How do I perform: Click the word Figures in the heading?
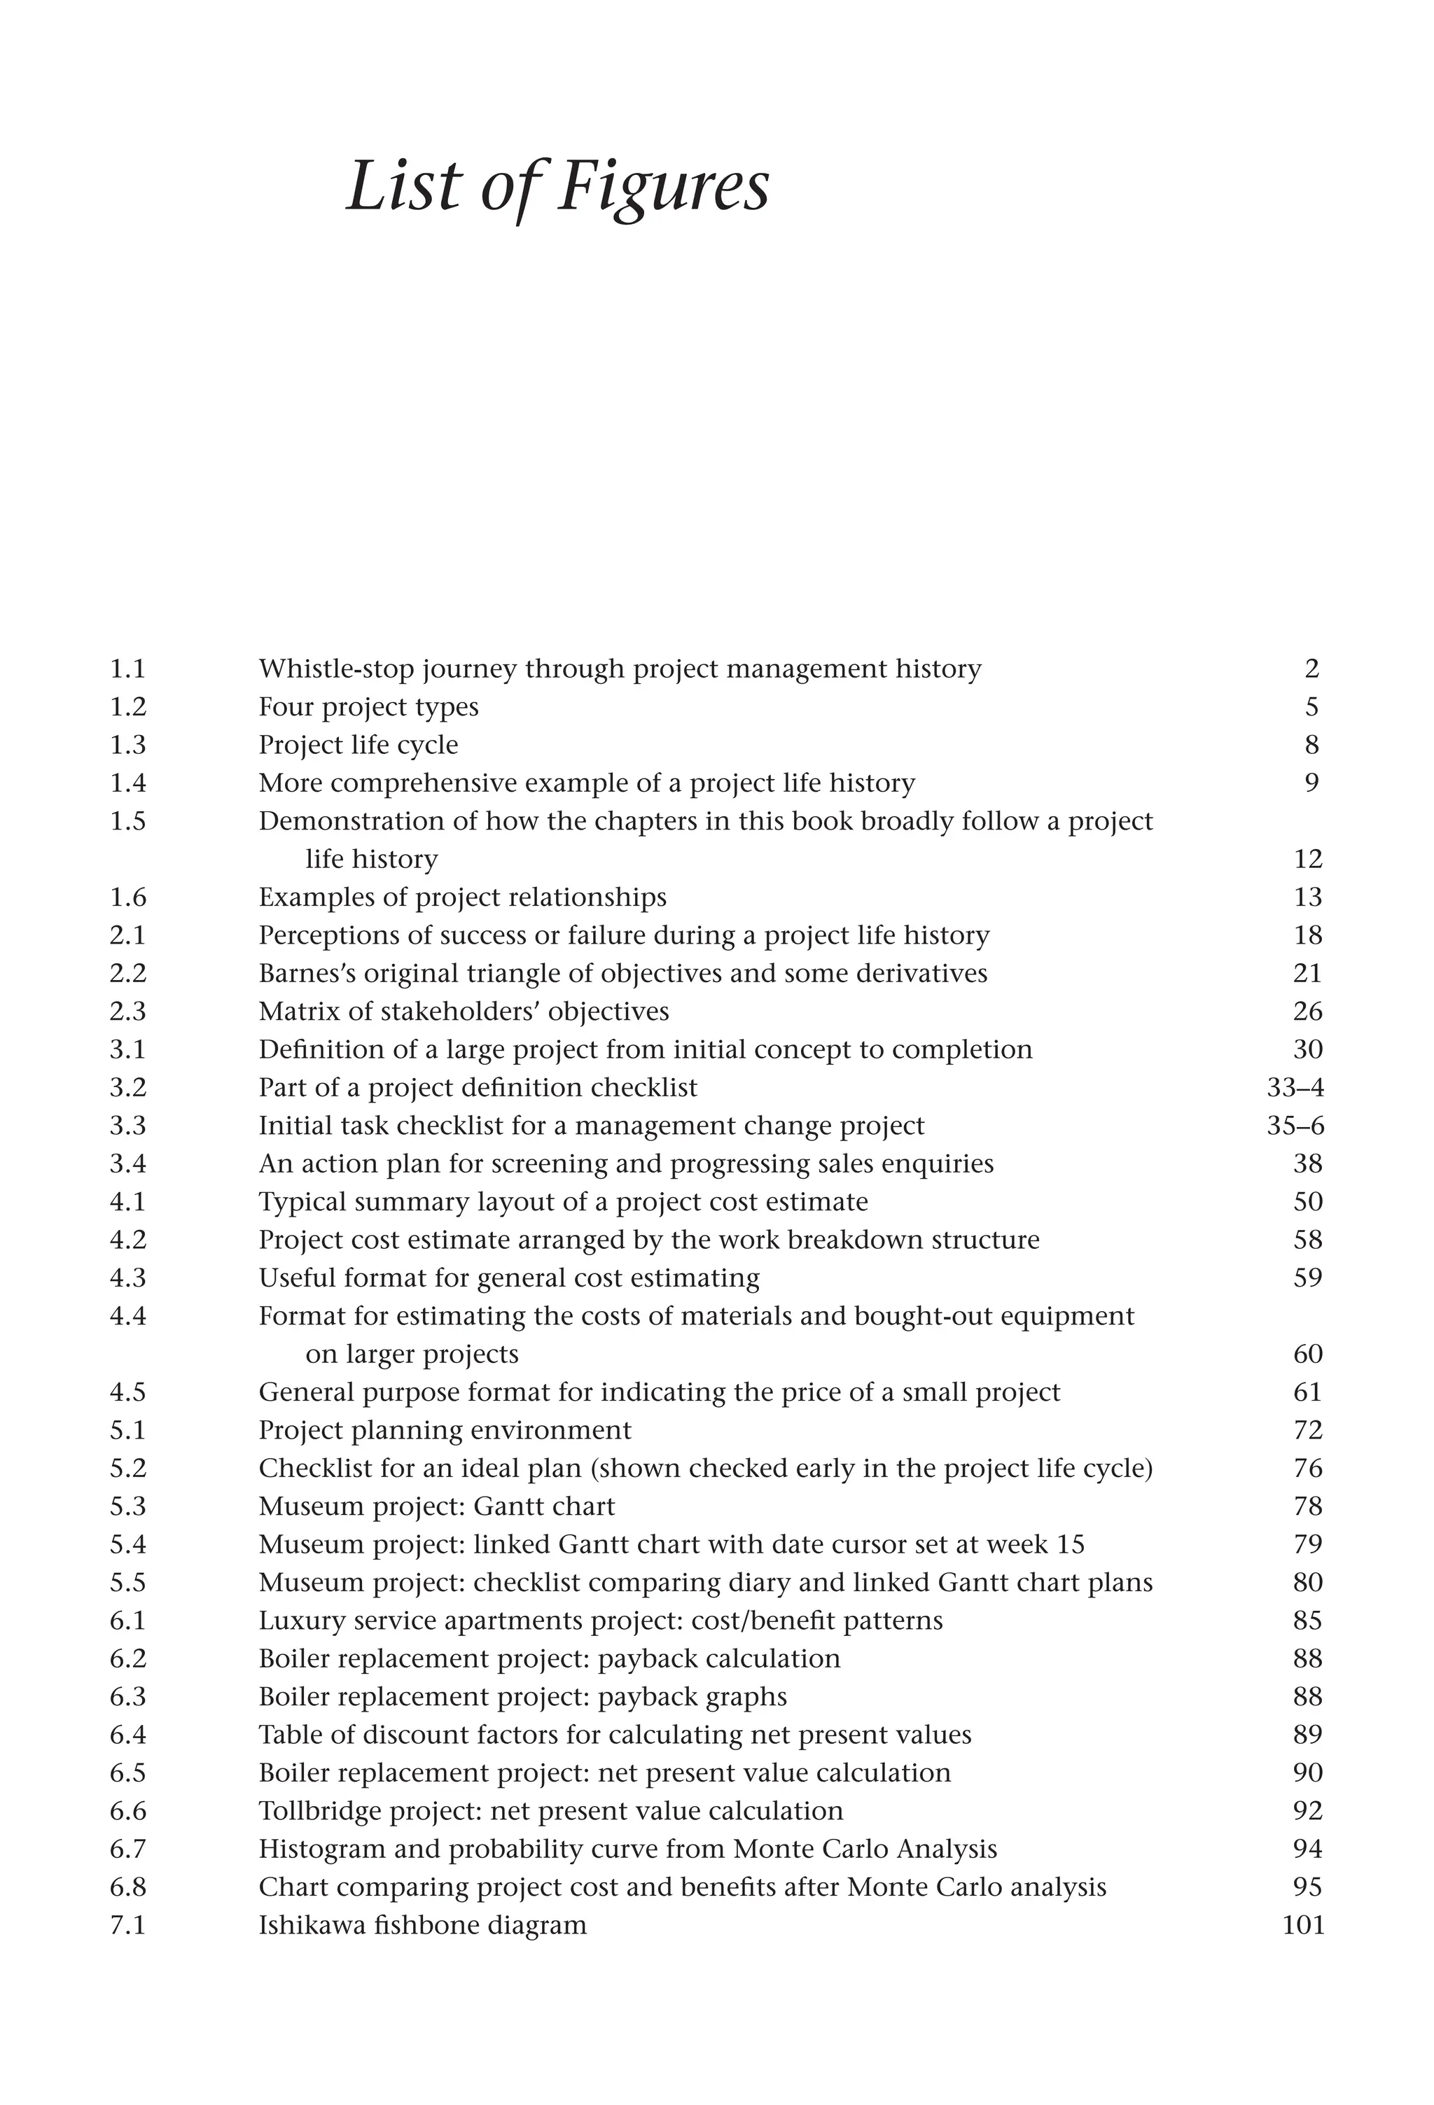(x=663, y=187)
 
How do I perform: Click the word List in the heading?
(x=403, y=187)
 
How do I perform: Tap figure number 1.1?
(x=127, y=669)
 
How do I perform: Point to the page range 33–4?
(x=1295, y=1087)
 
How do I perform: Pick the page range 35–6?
(x=1295, y=1125)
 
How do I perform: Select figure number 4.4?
(x=127, y=1315)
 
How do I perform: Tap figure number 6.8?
(x=127, y=1886)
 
